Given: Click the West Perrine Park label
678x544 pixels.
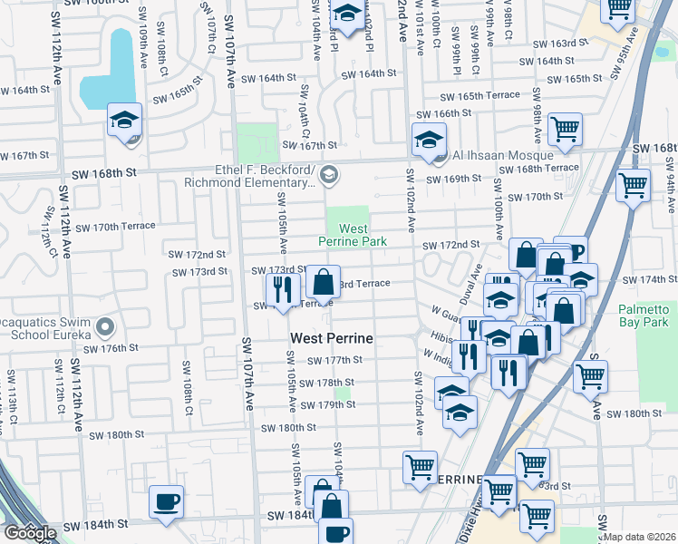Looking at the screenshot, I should pos(353,236).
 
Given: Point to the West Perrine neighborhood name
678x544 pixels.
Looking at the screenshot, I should pos(332,339).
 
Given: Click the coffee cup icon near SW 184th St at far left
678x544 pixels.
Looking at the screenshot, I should pos(165,501).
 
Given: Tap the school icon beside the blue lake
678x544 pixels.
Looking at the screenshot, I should pos(125,119).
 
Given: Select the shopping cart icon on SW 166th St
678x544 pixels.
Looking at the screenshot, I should pos(565,129).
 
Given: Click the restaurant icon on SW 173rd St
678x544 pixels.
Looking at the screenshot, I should pos(282,287).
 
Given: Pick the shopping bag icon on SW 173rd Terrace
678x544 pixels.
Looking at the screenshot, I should pos(323,281).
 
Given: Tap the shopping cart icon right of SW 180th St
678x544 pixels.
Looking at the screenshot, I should pos(590,375).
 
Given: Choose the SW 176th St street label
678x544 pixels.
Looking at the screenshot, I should pos(111,347).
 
